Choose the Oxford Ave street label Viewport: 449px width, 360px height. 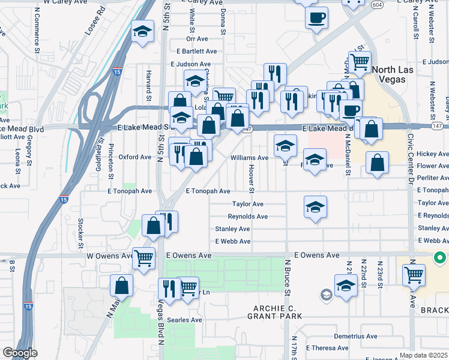(135, 157)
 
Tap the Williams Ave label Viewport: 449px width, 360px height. (250, 158)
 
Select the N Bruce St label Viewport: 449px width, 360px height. (288, 277)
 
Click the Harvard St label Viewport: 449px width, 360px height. (148, 84)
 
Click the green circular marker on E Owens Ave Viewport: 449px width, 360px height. (439, 259)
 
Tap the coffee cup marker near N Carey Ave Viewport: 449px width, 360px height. (316, 17)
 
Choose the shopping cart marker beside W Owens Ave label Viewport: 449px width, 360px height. (144, 259)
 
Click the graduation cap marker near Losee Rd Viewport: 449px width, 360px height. (142, 31)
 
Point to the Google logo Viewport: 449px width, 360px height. (19, 353)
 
